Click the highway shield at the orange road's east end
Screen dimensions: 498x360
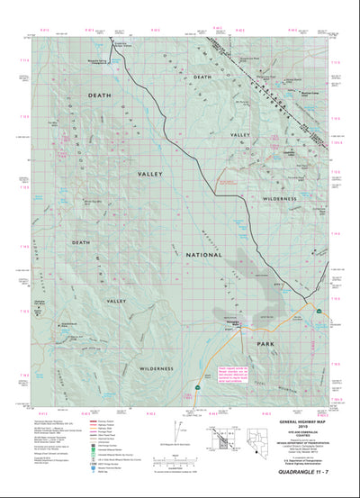click(x=319, y=310)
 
